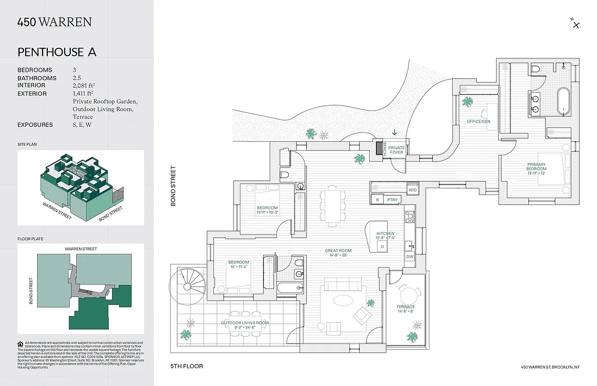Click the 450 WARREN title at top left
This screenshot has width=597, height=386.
(55, 22)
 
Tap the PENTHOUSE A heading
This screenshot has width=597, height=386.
(57, 52)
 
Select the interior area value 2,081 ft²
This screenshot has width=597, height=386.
(83, 85)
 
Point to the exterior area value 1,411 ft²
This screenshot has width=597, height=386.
(83, 94)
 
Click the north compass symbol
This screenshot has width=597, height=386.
(575, 24)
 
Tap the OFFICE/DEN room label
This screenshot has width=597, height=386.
(478, 122)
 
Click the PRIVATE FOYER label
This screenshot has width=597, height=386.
(396, 150)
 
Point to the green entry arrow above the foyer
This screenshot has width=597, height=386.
(395, 132)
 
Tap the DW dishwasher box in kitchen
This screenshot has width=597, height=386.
(410, 257)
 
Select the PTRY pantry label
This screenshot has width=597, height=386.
(392, 199)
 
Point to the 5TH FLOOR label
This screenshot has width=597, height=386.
(186, 366)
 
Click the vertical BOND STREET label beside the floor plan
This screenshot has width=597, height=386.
(173, 186)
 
